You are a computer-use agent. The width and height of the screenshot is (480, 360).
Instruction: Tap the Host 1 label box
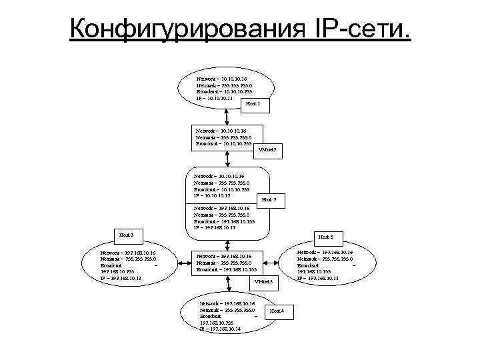[x=253, y=105]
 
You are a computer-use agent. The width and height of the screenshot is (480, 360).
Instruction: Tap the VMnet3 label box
[x=263, y=282]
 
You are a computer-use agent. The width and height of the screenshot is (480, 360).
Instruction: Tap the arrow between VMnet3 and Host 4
[x=227, y=287]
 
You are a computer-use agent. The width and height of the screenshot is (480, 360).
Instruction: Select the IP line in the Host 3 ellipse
[x=121, y=278]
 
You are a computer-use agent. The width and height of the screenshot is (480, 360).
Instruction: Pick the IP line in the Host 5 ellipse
[x=318, y=278]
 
